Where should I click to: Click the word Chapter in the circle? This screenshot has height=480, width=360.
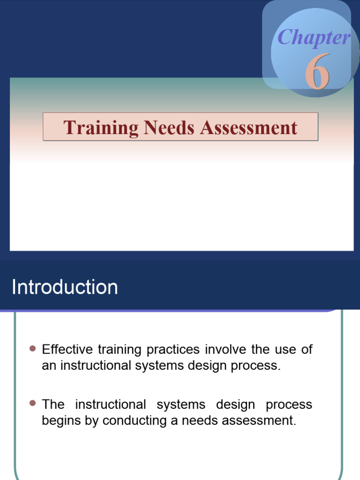314,38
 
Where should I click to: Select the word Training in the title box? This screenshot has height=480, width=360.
100,127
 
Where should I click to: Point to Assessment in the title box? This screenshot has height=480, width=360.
249,127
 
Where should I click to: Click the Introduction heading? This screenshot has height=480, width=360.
65,287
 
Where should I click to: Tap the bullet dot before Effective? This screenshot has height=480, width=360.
32,349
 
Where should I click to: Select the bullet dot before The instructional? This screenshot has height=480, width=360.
32,403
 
